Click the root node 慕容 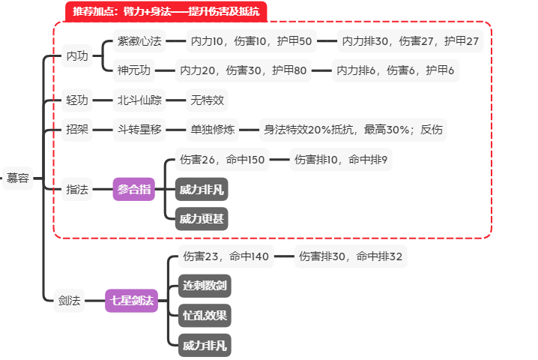[x=17, y=178]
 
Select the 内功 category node [x=77, y=55]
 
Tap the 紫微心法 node [x=139, y=41]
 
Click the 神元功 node [x=134, y=70]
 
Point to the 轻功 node [x=77, y=100]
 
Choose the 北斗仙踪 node [x=139, y=100]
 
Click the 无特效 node [x=207, y=100]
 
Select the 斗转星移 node [x=139, y=130]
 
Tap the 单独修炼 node [x=212, y=130]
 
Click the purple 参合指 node [x=134, y=189]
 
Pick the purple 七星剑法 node [x=131, y=301]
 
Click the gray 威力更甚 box [x=202, y=219]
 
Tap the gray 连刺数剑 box [x=205, y=286]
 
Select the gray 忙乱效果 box [x=205, y=315]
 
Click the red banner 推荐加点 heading [x=166, y=11]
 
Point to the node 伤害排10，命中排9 [x=341, y=160]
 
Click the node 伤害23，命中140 [x=226, y=256]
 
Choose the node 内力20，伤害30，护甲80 [x=244, y=70]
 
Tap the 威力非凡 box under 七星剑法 [x=205, y=345]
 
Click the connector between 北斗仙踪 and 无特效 [x=175, y=100]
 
